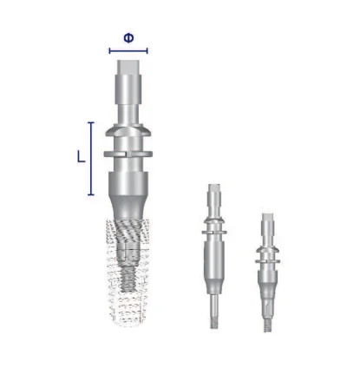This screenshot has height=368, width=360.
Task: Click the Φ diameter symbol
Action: click(x=128, y=37)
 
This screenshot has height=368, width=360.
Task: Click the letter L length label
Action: click(x=81, y=157)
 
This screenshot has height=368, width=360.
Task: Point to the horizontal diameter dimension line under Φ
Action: click(x=128, y=50)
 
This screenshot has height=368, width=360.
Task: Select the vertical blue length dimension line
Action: click(x=91, y=157)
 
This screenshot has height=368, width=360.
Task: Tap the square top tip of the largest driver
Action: click(x=128, y=63)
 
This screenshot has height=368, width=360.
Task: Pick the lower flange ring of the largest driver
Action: click(x=128, y=154)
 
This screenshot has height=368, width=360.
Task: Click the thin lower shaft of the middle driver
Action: click(x=213, y=299)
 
